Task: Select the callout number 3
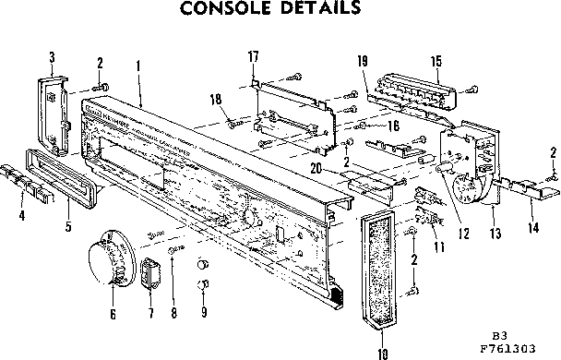pyautogui.click(x=52, y=56)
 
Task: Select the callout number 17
pyautogui.click(x=252, y=57)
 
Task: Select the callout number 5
pyautogui.click(x=66, y=222)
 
